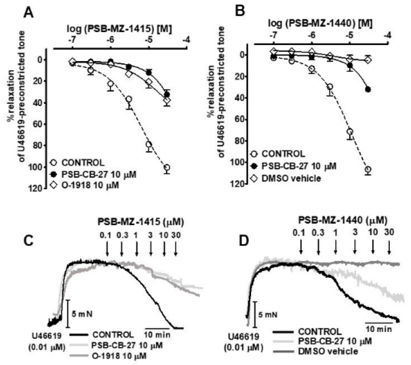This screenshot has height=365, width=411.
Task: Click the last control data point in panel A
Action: coord(167,168)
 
